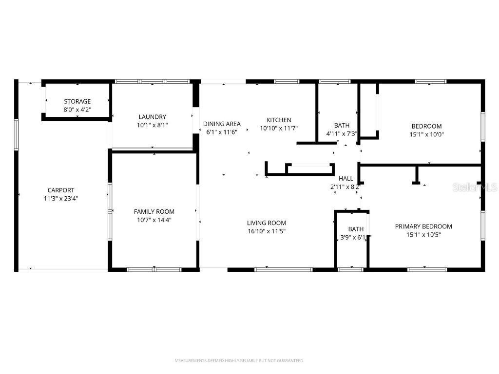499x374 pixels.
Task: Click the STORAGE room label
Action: tap(77, 101)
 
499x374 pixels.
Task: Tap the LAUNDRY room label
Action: tap(152, 117)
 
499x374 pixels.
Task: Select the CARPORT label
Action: tap(61, 190)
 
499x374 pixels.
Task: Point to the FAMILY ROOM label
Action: tap(154, 211)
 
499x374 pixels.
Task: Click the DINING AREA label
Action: tap(222, 124)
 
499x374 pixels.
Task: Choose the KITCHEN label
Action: tap(279, 120)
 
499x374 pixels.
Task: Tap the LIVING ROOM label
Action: tap(267, 223)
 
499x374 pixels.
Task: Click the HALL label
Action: tap(345, 179)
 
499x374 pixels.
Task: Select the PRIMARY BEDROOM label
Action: tap(423, 226)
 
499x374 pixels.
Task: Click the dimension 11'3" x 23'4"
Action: tap(61, 198)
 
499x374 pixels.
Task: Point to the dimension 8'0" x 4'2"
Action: tap(77, 110)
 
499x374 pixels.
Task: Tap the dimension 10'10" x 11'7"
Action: tap(279, 129)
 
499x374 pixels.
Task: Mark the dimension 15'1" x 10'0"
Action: tap(426, 134)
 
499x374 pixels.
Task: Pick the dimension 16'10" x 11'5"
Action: tap(267, 231)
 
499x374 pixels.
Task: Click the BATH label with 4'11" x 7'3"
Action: tap(342, 125)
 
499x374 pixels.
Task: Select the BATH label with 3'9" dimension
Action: tap(356, 229)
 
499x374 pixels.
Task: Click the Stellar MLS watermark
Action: tap(474, 187)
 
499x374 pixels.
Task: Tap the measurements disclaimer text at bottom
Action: tap(239, 361)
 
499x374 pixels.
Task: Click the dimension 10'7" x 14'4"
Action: tap(154, 220)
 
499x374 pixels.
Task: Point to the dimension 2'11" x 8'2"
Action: tap(345, 187)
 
